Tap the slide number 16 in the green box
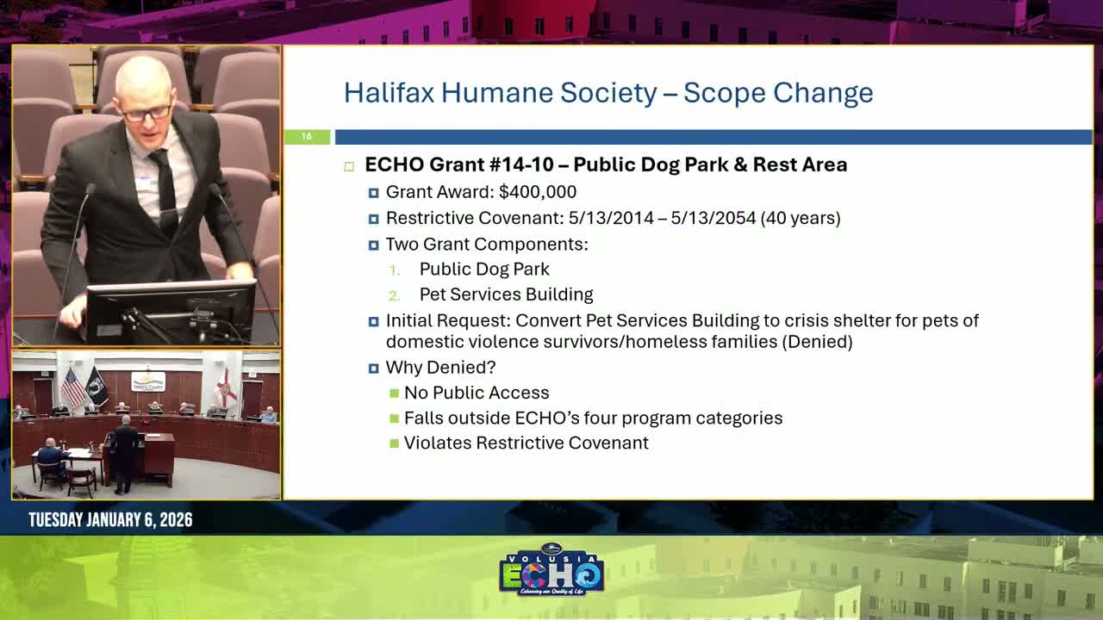click(x=306, y=137)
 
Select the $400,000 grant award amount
click(x=538, y=192)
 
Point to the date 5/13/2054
click(x=713, y=218)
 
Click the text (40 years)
click(x=801, y=218)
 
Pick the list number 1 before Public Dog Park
click(x=394, y=270)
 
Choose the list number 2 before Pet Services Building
click(x=394, y=295)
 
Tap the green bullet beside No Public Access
click(x=395, y=394)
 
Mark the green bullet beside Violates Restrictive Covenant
click(x=395, y=443)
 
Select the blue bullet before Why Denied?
click(x=373, y=369)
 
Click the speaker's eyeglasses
click(x=146, y=113)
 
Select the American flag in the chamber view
click(x=72, y=387)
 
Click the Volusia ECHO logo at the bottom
click(x=551, y=570)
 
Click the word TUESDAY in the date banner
click(x=55, y=520)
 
